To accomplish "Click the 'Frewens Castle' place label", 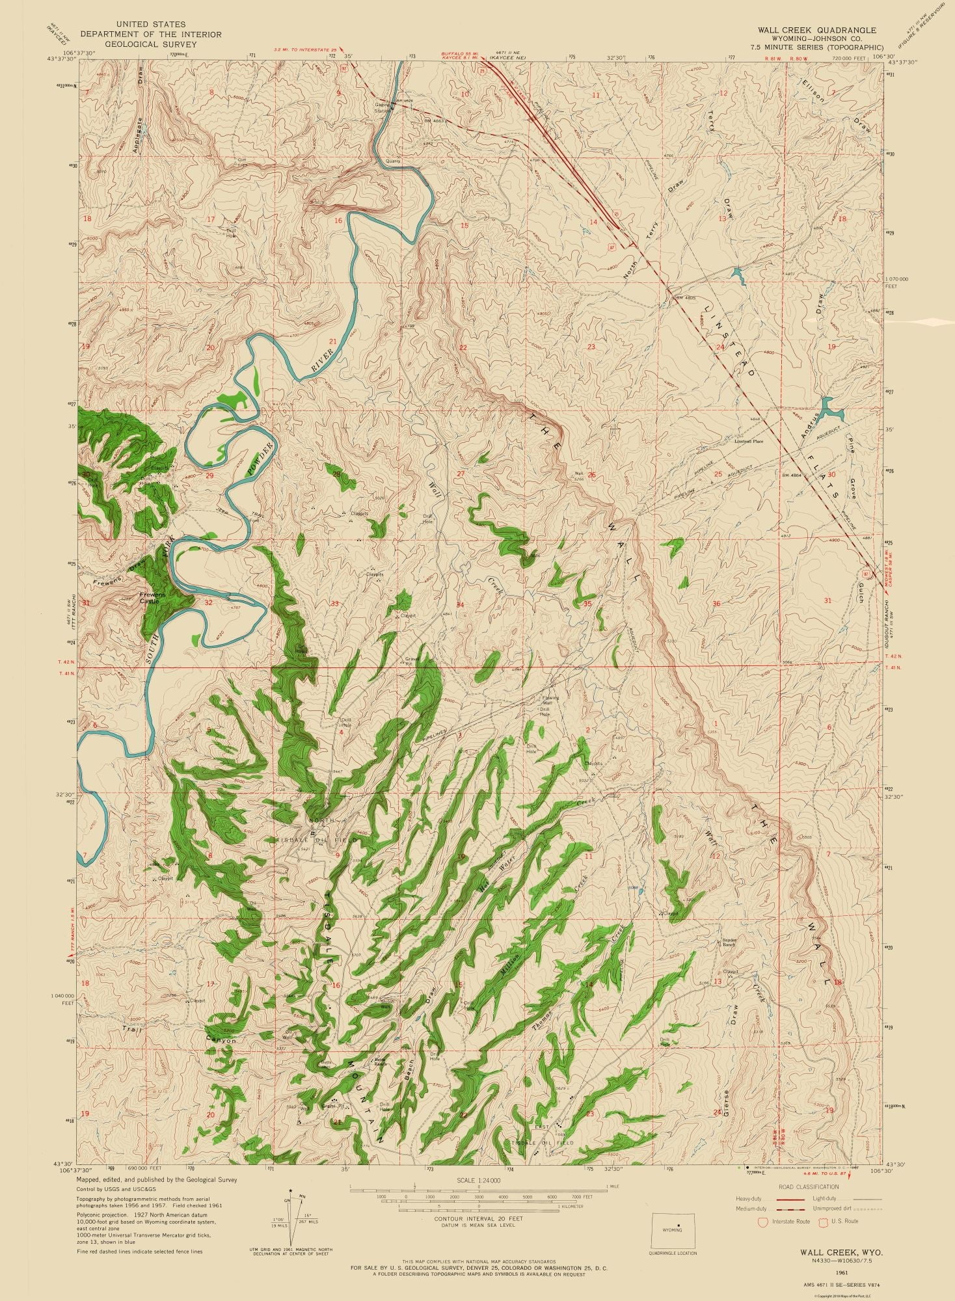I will click(x=155, y=597).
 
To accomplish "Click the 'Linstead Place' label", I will click(x=749, y=441).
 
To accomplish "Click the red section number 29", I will click(x=209, y=476).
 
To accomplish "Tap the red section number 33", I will click(x=334, y=604).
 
